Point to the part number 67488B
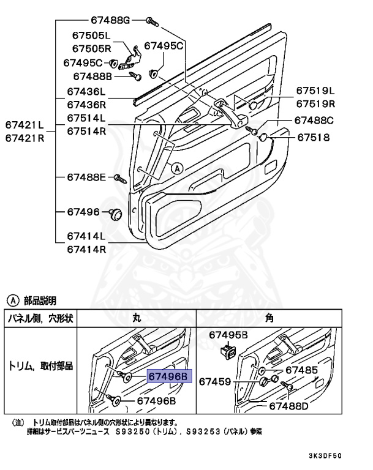[92, 76]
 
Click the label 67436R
[86, 105]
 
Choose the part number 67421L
[25, 125]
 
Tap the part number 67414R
[86, 249]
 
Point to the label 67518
[314, 138]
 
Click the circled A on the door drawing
[176, 167]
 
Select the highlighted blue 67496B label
[170, 376]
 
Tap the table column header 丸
[137, 318]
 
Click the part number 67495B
[228, 335]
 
